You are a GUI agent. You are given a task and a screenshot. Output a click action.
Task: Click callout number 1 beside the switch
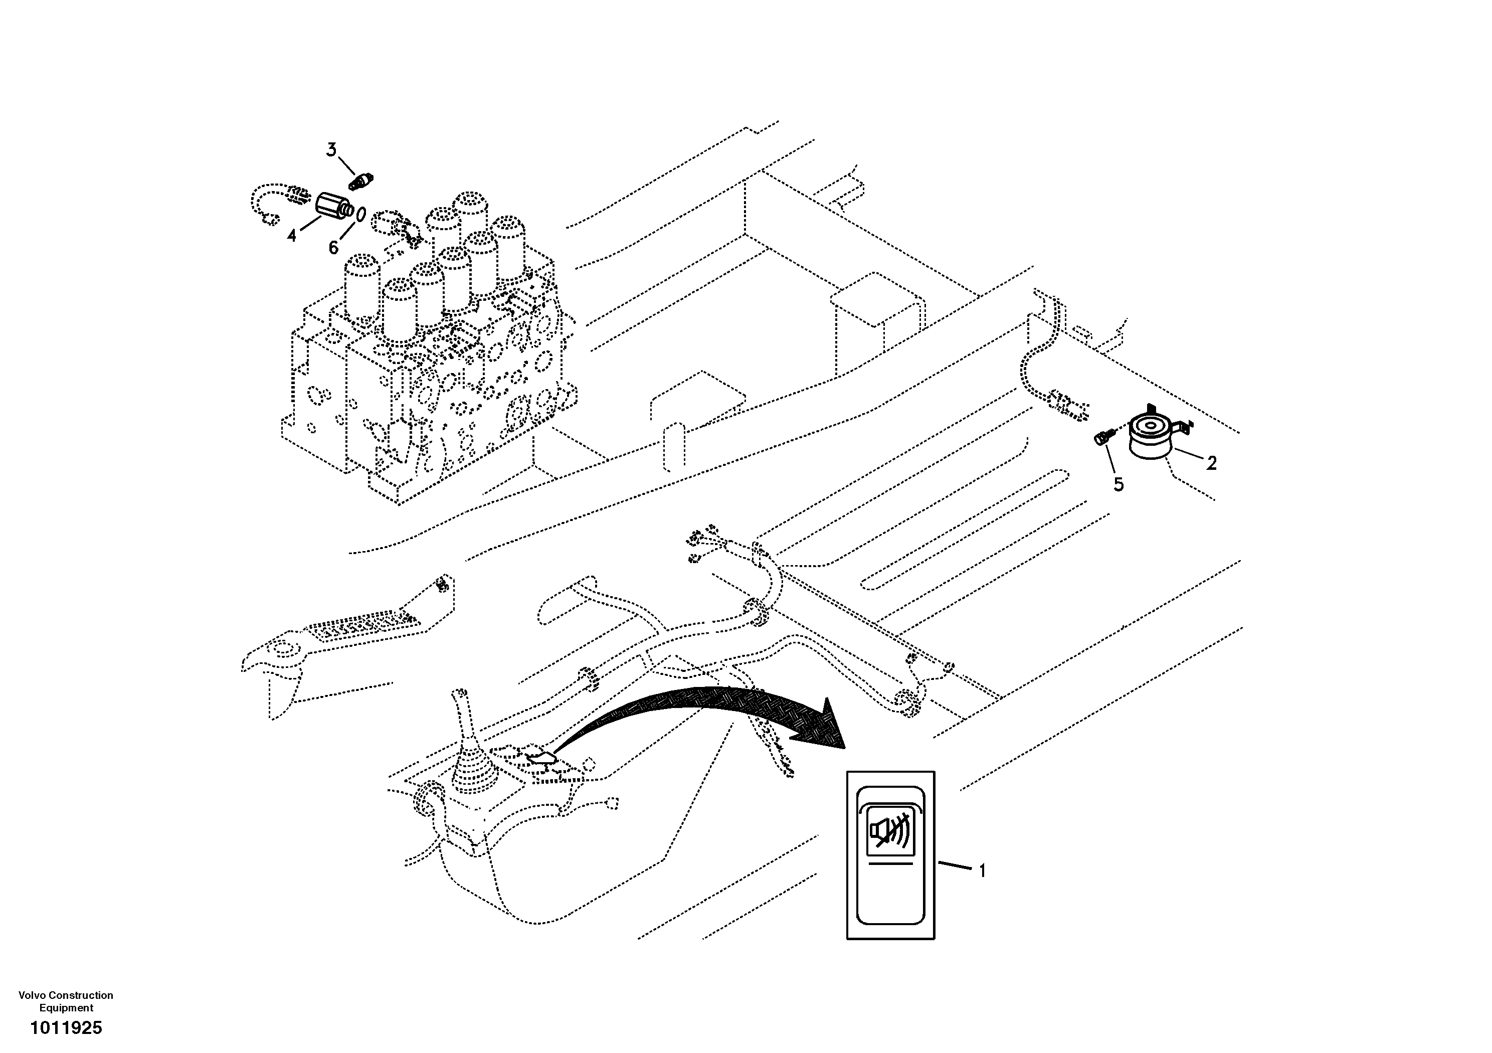tap(982, 871)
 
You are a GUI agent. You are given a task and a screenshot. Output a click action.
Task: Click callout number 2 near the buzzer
tap(1211, 463)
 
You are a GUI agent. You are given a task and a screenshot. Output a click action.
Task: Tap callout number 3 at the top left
tap(331, 150)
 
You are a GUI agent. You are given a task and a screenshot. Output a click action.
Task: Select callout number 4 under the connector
tap(292, 235)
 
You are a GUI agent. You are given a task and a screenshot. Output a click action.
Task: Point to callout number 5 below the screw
tap(1118, 484)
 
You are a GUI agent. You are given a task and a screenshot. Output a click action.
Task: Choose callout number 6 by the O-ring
tap(333, 248)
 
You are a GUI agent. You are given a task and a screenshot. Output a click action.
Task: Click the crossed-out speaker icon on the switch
tap(890, 831)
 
